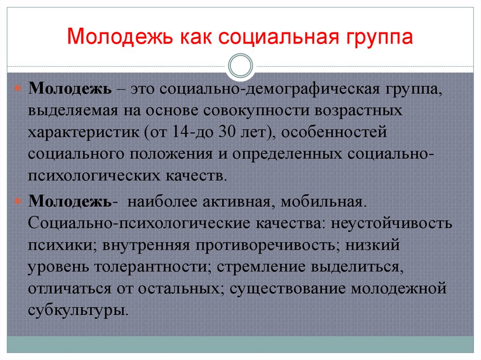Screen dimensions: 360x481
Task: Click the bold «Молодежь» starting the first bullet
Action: tap(69, 89)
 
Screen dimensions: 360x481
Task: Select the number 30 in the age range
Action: tap(229, 132)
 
